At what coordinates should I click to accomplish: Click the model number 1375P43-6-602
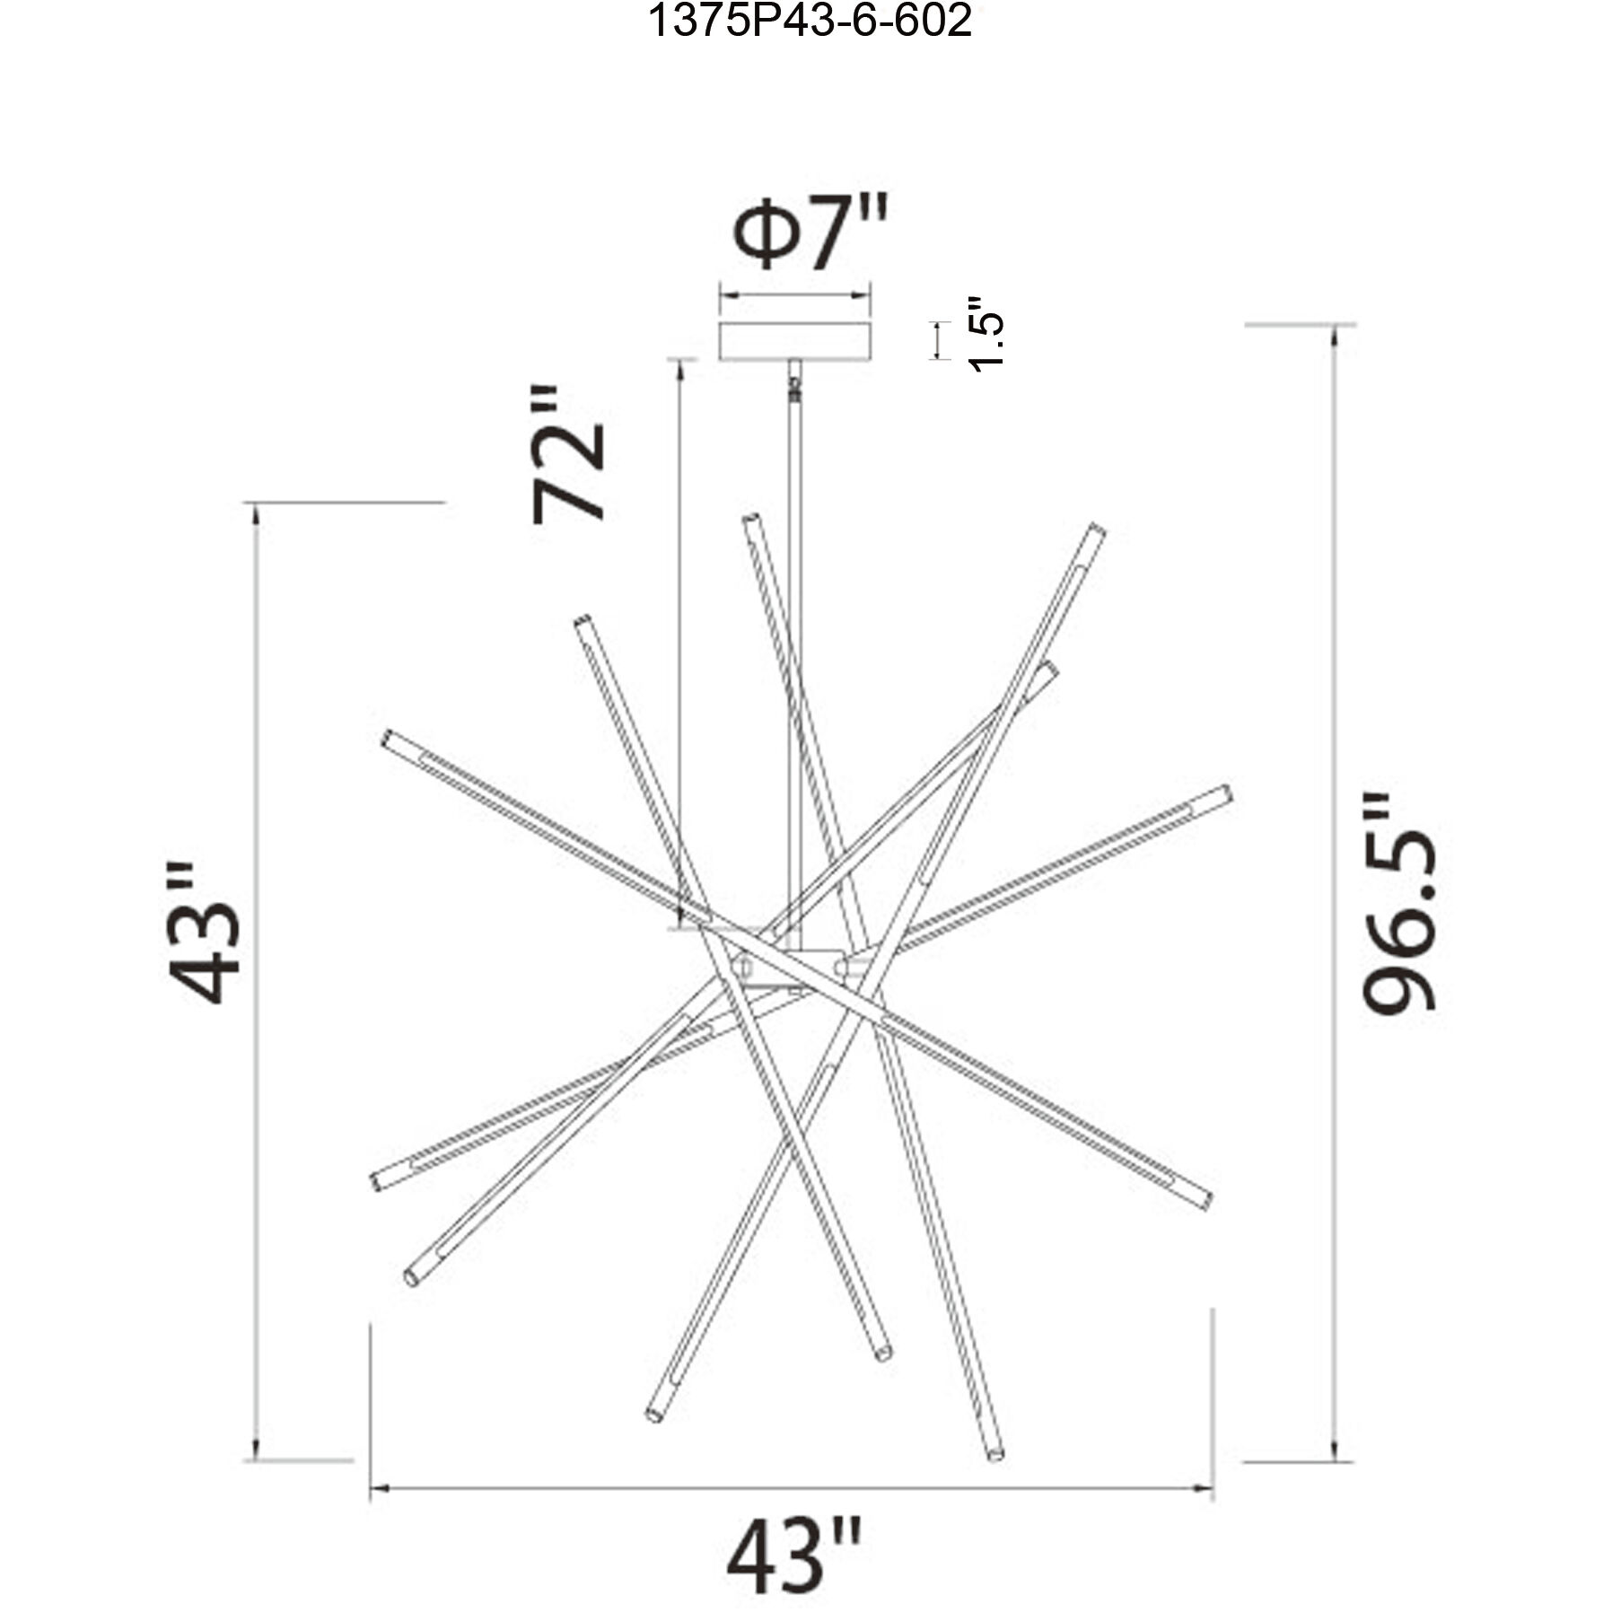tap(810, 21)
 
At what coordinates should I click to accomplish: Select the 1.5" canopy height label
tap(985, 334)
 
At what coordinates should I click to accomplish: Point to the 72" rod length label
tap(569, 455)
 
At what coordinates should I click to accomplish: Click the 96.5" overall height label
tap(1399, 903)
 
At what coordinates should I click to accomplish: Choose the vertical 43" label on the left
tap(206, 934)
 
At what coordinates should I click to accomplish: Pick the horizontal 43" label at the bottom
tap(795, 1557)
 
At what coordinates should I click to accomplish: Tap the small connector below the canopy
tap(793, 386)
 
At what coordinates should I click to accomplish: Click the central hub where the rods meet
tap(790, 968)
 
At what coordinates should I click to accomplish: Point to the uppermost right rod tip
tap(1096, 530)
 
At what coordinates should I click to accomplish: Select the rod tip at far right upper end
tap(1225, 793)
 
